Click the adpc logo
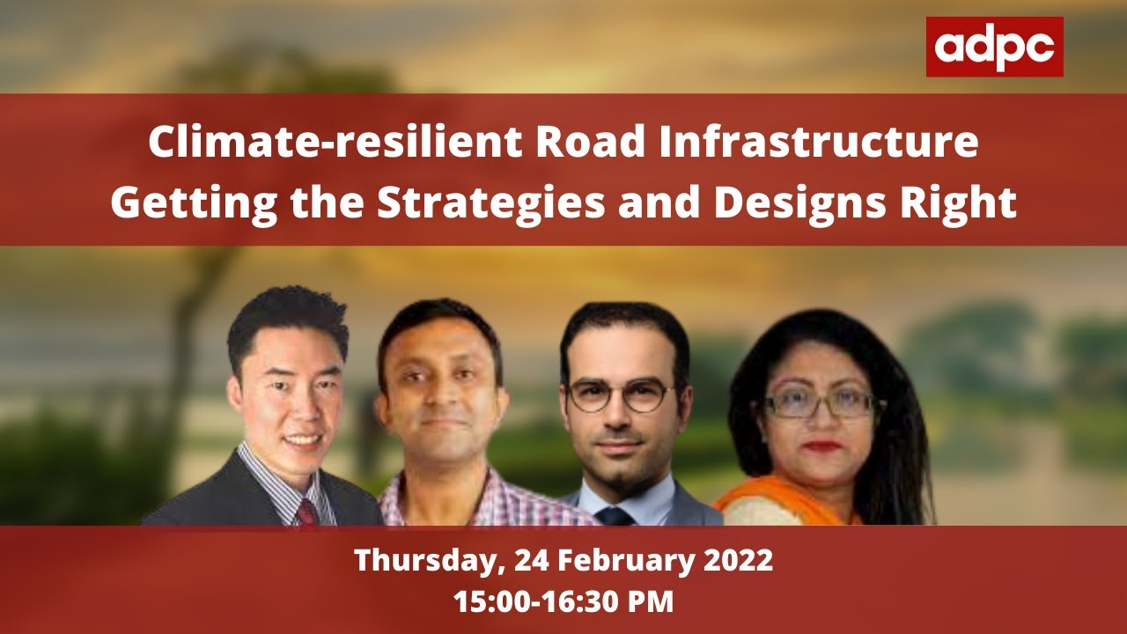[994, 47]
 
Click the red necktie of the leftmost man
[307, 511]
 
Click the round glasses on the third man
[620, 395]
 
